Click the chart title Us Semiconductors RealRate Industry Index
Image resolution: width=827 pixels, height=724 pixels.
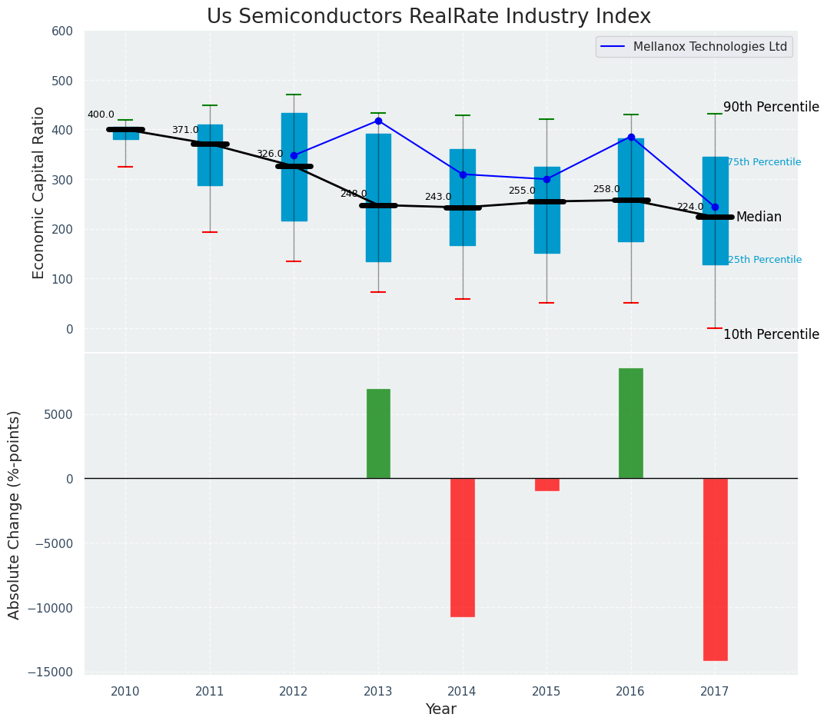[428, 17]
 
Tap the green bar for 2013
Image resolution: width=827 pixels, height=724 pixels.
[378, 433]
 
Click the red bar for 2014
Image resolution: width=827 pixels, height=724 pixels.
[463, 547]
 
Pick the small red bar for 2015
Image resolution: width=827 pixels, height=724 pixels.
[546, 484]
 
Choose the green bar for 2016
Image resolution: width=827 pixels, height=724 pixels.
[631, 423]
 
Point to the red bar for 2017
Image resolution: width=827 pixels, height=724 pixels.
[715, 569]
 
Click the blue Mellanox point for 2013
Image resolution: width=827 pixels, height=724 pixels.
[378, 121]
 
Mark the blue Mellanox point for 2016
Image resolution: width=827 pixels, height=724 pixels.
[631, 137]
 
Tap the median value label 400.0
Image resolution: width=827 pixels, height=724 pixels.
[101, 115]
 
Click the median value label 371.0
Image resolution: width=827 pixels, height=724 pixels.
[185, 130]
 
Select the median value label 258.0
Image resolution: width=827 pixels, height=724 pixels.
[606, 189]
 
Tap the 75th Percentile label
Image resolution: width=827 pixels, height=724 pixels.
[764, 162]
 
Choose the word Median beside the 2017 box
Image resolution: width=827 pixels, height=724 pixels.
[759, 217]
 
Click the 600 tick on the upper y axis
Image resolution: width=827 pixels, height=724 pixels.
[62, 31]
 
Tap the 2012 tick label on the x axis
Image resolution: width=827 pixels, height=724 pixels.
[294, 692]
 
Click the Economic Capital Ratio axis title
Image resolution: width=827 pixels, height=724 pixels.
[39, 192]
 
